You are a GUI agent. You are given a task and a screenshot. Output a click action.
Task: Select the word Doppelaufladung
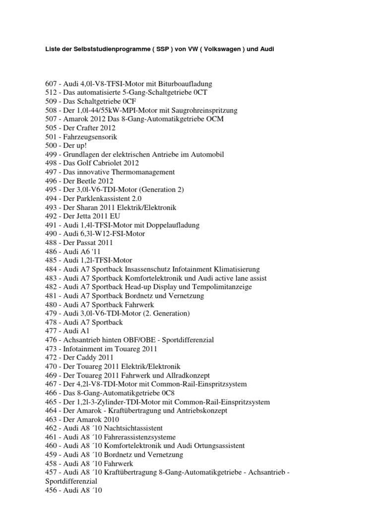coord(169,225)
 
